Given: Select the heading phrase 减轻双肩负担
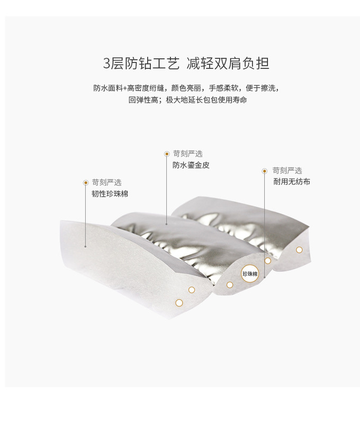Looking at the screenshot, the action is tap(228, 64).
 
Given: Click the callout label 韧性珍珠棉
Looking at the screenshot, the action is tap(110, 194).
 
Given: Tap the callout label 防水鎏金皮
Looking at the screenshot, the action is tap(191, 165).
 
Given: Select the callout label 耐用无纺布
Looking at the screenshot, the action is tap(292, 182).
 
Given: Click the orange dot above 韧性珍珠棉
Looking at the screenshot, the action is tap(86, 182).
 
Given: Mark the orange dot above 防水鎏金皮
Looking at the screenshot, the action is tap(167, 154).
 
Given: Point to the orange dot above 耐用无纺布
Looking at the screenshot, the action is tap(264, 171).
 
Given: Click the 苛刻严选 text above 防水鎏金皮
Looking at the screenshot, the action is tap(187, 154).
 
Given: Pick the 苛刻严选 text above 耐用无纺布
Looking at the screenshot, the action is tap(287, 171).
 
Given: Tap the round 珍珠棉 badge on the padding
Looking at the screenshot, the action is tap(250, 273).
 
